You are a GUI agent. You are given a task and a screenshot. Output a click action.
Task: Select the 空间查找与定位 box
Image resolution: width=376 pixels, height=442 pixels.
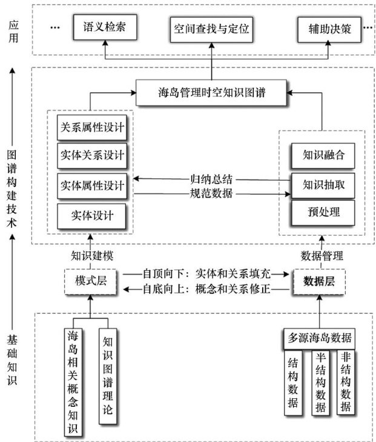(x=212, y=28)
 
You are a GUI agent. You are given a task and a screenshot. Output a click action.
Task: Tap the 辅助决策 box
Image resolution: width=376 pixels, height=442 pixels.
(x=329, y=28)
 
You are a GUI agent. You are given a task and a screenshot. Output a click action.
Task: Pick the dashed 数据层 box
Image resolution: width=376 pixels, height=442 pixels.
(x=319, y=281)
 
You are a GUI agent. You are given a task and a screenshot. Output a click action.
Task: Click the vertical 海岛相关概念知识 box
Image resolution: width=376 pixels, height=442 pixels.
(x=73, y=382)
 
